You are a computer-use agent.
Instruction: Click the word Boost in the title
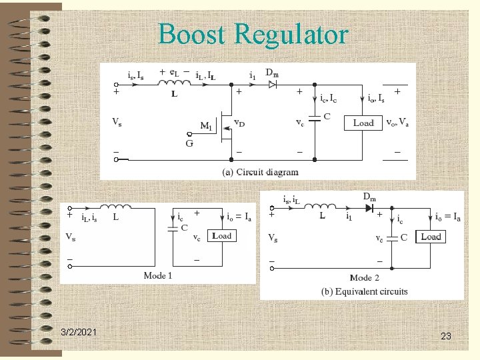coord(194,34)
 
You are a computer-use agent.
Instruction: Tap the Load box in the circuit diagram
coord(363,123)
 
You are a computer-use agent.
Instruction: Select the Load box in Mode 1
coord(222,236)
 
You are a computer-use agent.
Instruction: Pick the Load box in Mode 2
coord(431,237)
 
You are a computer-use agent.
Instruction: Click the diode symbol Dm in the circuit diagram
coord(272,85)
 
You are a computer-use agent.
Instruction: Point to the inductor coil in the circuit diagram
coord(172,83)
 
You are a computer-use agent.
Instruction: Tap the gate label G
coord(190,143)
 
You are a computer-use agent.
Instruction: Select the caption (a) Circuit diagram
coord(261,172)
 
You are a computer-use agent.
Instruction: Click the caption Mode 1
coord(158,275)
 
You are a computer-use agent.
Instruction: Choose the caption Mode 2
coord(364,277)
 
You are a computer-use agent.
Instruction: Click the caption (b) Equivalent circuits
coord(364,291)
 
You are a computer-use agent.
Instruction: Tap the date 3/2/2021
coord(78,331)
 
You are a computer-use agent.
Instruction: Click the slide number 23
coord(446,337)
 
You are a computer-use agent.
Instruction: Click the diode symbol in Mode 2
coord(367,207)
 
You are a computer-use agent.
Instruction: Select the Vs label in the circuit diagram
coord(117,123)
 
